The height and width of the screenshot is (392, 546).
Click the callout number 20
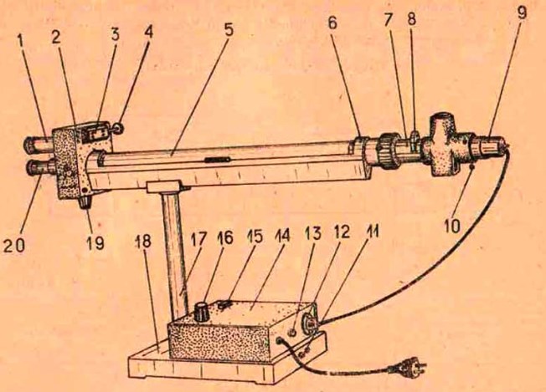coord(14,246)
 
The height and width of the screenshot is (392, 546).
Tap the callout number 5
coord(228,30)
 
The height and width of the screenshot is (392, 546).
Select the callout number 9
coord(522,13)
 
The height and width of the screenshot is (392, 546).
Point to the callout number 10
coord(452,226)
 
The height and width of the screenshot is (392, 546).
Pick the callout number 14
coord(283,236)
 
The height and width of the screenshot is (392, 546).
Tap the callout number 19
coord(95,242)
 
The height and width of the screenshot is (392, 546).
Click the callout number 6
coord(332,23)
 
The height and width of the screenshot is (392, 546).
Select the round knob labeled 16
coord(200,311)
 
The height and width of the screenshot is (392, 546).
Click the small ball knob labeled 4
coord(119,129)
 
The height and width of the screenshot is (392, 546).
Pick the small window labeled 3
coord(94,133)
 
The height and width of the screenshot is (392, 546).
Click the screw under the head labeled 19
coord(85,202)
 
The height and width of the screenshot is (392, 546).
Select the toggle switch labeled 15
coord(224,305)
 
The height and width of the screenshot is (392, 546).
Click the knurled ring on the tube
coord(386,151)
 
